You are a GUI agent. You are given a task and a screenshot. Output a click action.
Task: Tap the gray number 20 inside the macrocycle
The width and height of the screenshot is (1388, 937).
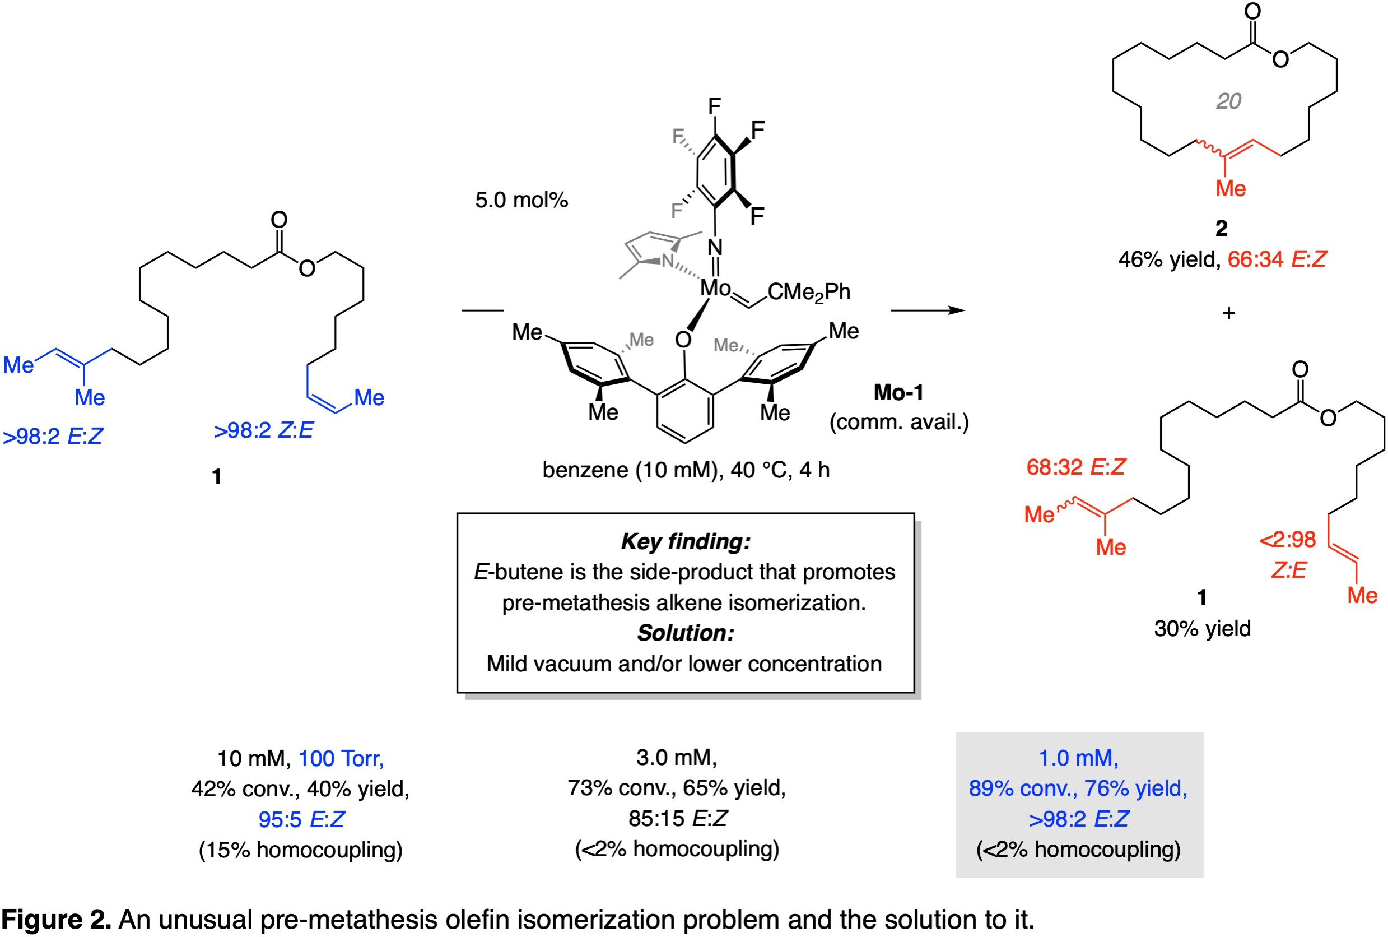point(1228,101)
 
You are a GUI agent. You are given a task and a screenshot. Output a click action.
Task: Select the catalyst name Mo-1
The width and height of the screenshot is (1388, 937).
point(898,393)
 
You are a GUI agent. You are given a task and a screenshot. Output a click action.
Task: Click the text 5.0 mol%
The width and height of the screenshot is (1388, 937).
point(521,200)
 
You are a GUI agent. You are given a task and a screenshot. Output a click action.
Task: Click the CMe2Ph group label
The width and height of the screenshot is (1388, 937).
point(809,292)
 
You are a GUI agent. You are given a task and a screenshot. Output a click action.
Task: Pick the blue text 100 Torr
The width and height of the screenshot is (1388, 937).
point(341,758)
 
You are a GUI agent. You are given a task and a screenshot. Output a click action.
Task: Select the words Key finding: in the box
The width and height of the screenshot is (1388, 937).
point(685,541)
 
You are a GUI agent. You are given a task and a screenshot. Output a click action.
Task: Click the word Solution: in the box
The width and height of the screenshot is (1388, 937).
point(685,633)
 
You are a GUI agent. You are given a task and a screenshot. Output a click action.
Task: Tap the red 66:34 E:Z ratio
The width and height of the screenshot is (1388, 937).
point(1277,259)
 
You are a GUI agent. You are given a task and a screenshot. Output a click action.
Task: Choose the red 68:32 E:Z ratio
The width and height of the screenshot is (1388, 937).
point(1075,467)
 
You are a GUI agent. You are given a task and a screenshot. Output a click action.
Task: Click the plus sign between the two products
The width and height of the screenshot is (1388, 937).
point(1228,313)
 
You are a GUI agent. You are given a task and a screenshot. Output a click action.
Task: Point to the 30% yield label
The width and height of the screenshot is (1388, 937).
point(1202,628)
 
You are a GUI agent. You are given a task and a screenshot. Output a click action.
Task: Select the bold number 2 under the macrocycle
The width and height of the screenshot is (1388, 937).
point(1222,228)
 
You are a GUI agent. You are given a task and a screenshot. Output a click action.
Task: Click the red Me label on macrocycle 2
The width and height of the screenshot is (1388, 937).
point(1231,189)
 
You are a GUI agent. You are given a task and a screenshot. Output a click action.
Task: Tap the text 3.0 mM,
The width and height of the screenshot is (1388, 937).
point(676,757)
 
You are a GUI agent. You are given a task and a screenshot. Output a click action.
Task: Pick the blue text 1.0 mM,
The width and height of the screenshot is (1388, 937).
point(1078,758)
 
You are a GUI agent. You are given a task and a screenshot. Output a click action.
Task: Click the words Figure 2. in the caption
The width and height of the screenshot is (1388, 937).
point(56,920)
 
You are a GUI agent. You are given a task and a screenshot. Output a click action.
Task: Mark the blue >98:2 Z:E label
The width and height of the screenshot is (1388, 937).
point(263,430)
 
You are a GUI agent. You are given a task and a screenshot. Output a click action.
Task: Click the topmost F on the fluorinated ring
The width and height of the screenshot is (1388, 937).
point(714,106)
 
